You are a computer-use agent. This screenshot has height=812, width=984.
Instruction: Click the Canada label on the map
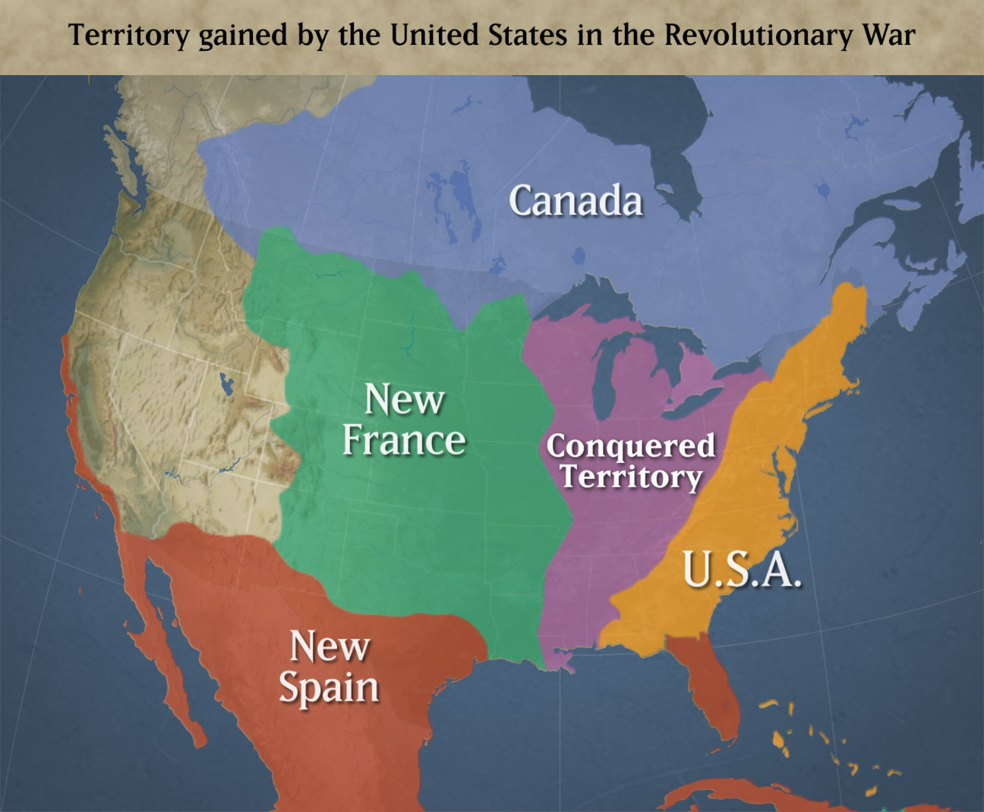(x=576, y=201)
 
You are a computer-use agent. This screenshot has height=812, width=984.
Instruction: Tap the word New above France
(x=404, y=399)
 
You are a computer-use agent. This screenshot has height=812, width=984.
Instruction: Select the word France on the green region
(x=404, y=440)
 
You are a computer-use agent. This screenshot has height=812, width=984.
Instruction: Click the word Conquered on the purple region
(x=630, y=446)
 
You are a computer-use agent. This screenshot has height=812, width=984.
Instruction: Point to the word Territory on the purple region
(x=631, y=477)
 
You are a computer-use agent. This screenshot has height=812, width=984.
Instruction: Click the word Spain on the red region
(x=329, y=688)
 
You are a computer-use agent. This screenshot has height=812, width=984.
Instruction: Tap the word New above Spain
(x=330, y=647)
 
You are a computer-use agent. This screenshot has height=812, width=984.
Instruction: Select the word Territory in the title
(x=128, y=36)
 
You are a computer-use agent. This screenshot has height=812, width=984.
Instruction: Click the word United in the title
(x=438, y=36)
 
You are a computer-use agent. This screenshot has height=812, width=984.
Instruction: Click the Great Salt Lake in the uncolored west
(x=225, y=384)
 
